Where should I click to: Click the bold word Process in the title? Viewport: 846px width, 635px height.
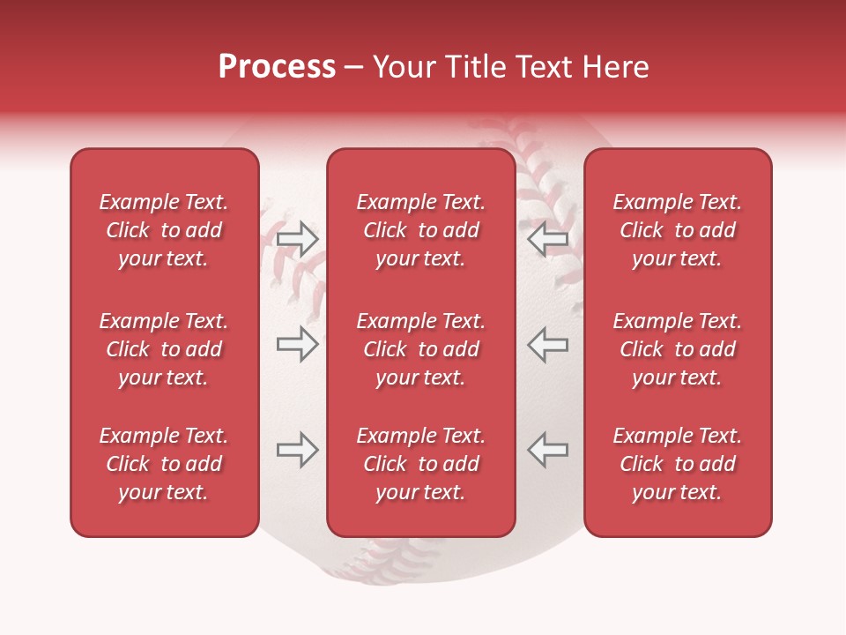coord(277,67)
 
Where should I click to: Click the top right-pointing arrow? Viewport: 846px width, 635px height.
coord(297,239)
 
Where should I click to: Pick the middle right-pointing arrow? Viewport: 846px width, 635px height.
coord(297,344)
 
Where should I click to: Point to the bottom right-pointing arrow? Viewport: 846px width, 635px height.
coord(297,450)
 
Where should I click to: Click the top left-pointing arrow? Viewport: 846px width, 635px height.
coord(548,239)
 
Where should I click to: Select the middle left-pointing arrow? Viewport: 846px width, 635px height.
coord(548,344)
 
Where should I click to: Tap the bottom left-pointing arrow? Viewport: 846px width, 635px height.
coord(548,450)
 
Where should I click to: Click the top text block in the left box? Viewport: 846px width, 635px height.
coord(164,230)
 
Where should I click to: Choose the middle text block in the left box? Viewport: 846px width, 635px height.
coord(164,349)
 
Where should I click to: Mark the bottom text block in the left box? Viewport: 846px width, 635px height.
coord(164,464)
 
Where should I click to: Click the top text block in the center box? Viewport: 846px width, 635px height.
coord(420,230)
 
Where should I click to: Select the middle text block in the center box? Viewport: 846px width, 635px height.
coord(420,349)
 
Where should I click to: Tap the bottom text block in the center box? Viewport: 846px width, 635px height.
coord(420,464)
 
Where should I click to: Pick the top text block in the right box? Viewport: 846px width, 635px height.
coord(677,230)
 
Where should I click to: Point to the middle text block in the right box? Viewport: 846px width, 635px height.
coord(677,349)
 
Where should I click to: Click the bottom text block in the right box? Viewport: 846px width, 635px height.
coord(677,464)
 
